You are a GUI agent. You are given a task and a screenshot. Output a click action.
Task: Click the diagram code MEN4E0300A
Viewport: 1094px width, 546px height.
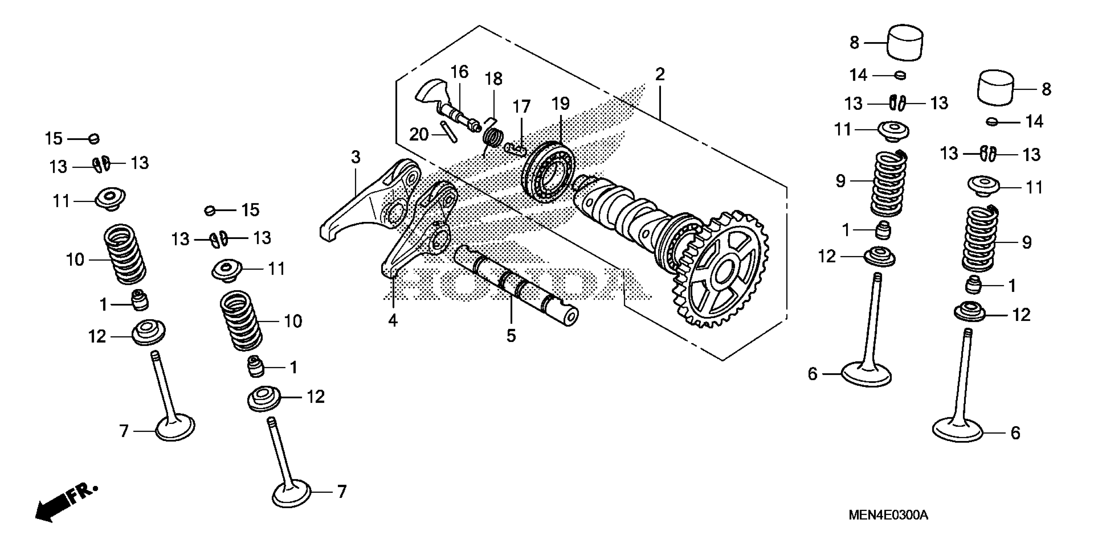click(888, 515)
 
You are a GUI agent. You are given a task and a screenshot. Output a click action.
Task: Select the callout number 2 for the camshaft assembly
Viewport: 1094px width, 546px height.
click(660, 75)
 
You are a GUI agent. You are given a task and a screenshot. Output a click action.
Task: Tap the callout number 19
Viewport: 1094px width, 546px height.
click(561, 103)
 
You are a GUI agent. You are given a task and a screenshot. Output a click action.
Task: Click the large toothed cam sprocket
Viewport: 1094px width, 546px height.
click(722, 271)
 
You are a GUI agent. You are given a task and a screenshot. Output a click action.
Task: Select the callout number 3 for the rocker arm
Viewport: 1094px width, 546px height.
click(356, 157)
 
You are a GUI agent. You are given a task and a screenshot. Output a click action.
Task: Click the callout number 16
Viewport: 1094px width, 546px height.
click(459, 72)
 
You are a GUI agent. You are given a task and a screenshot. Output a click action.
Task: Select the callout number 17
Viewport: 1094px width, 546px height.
click(521, 107)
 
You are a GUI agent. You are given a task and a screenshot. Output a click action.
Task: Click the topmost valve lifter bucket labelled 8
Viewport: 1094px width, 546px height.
click(905, 42)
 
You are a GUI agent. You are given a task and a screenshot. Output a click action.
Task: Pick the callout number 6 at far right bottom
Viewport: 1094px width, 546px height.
click(1015, 433)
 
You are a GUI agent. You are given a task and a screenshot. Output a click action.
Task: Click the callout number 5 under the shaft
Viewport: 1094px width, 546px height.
click(511, 336)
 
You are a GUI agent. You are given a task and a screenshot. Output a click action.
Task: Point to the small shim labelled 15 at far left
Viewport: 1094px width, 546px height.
click(94, 138)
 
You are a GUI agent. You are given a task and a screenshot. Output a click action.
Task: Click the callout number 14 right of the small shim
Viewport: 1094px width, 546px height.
click(1034, 122)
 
